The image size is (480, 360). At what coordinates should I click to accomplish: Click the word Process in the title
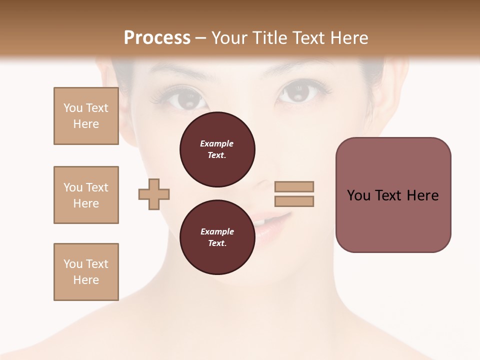[x=157, y=38]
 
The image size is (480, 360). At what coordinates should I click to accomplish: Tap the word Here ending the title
[x=348, y=38]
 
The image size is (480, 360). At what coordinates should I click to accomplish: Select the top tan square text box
[x=86, y=116]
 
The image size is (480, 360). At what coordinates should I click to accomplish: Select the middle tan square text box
[x=86, y=195]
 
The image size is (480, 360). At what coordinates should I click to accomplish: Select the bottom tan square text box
[x=86, y=271]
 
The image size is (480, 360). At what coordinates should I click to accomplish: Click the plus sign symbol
[x=154, y=194]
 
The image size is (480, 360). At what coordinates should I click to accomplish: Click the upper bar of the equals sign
[x=294, y=186]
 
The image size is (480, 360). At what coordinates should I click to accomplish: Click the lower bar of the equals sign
[x=294, y=201]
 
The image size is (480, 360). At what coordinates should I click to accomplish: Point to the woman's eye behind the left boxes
[x=186, y=98]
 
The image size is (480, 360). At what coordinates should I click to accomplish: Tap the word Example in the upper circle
[x=217, y=143]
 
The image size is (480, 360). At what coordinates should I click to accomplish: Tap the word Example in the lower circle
[x=217, y=231]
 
